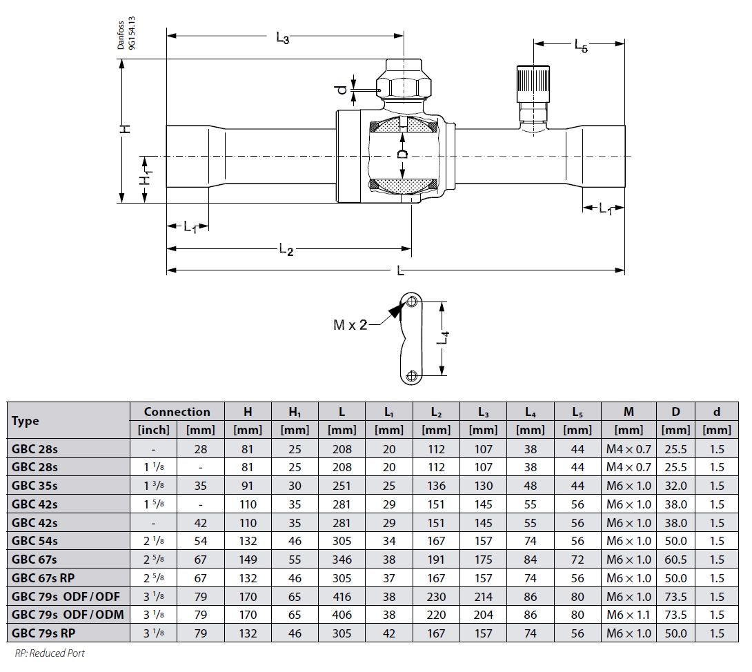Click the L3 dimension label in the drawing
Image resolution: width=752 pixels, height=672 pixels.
pyautogui.click(x=282, y=39)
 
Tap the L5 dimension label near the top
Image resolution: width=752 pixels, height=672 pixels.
pyautogui.click(x=581, y=46)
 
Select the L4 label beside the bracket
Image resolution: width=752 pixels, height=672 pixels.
pyautogui.click(x=446, y=338)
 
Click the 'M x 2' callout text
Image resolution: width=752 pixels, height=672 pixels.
pyautogui.click(x=350, y=325)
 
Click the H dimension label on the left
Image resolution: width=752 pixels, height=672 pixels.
pyautogui.click(x=125, y=129)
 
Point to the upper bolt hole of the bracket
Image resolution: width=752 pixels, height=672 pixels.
pyautogui.click(x=411, y=302)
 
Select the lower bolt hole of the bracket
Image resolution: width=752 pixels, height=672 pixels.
pyautogui.click(x=411, y=376)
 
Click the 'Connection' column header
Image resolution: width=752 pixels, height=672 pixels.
pyautogui.click(x=177, y=412)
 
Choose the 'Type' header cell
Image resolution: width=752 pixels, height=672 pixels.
pyautogui.click(x=26, y=421)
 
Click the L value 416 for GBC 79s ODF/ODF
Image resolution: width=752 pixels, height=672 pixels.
pyautogui.click(x=342, y=597)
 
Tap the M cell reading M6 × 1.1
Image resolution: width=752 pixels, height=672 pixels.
pyautogui.click(x=629, y=615)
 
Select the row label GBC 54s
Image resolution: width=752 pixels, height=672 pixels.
pyautogui.click(x=34, y=542)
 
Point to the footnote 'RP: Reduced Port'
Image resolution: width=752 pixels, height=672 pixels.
pyautogui.click(x=50, y=653)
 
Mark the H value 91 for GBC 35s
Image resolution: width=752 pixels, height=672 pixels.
pyautogui.click(x=248, y=486)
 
